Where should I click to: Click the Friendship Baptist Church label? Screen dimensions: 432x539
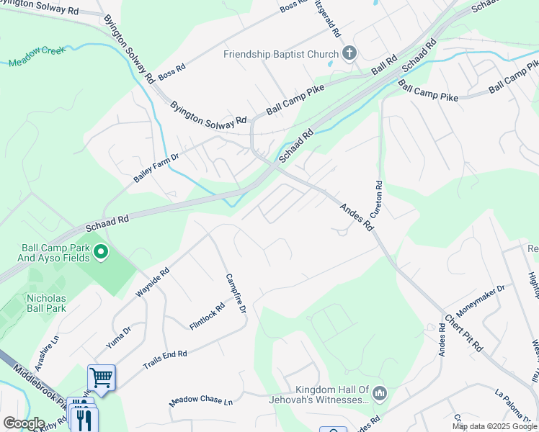(x=280, y=55)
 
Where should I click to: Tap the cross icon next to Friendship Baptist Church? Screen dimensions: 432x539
(x=349, y=53)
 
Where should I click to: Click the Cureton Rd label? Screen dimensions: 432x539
(x=376, y=201)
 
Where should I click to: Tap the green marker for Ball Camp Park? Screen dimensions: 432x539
(x=102, y=253)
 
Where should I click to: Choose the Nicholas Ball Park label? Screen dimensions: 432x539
(x=46, y=303)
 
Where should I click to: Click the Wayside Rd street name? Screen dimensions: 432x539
(x=152, y=283)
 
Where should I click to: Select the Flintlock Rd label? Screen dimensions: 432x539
(x=207, y=316)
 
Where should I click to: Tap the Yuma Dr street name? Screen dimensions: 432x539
(x=118, y=337)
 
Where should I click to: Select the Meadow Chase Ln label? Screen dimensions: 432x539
(x=202, y=402)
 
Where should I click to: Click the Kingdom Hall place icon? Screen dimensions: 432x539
(x=381, y=392)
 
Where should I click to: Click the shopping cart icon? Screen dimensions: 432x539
(x=102, y=376)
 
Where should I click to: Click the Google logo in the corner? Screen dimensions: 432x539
(x=24, y=423)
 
